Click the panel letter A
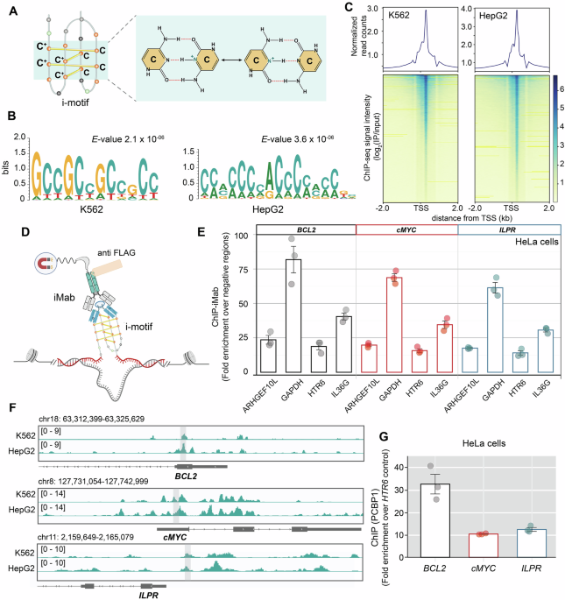[x=9, y=8]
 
